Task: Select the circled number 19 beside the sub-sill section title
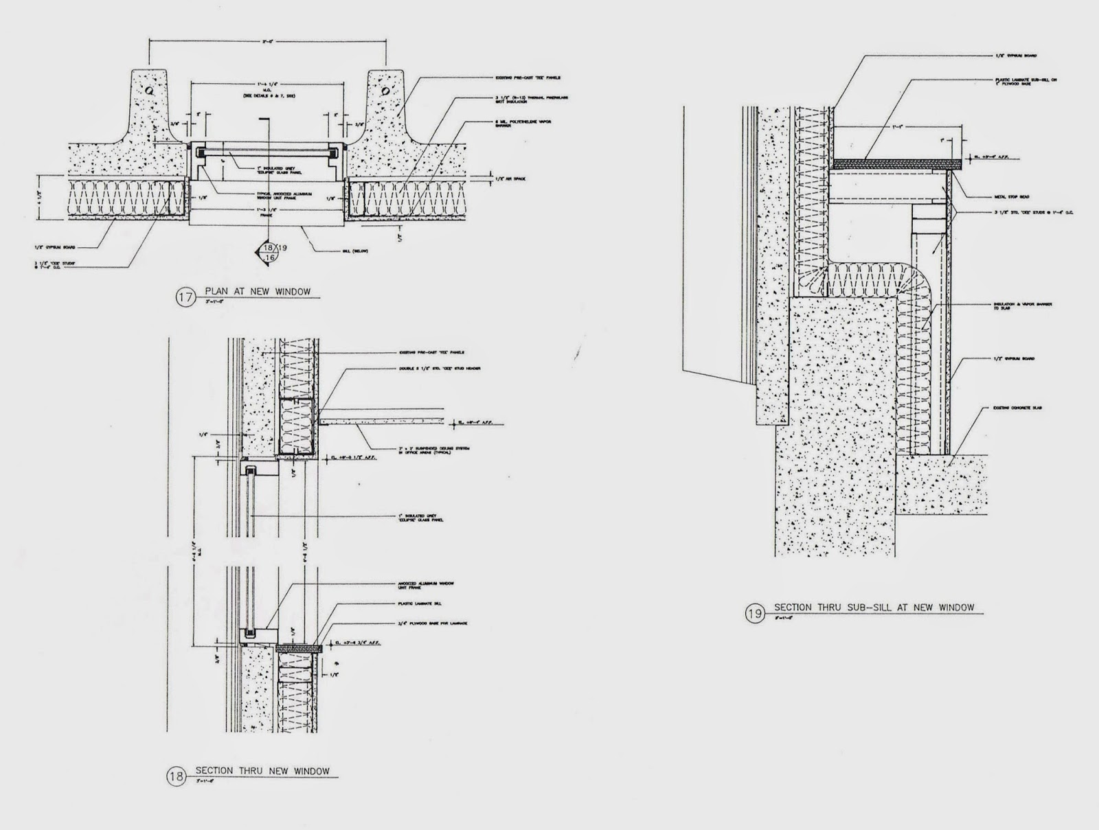(x=755, y=613)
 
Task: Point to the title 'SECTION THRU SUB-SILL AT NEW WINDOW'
(x=874, y=608)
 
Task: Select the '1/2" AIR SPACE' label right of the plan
(x=510, y=178)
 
